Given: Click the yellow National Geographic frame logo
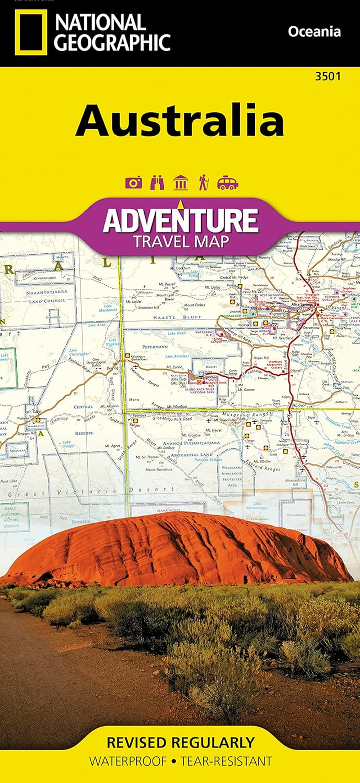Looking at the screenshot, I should (31, 32).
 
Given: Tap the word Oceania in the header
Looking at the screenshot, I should (314, 32).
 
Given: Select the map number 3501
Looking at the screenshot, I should (328, 76).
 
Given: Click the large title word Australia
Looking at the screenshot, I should (180, 121).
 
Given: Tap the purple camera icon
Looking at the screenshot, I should (134, 183).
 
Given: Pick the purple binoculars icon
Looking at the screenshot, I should (157, 183).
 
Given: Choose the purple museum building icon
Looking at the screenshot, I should (180, 183).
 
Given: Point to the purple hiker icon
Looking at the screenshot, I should (203, 183).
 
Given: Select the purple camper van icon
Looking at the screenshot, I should (227, 183).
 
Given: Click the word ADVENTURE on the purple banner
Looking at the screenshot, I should (180, 220).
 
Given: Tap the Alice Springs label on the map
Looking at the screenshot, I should (301, 304).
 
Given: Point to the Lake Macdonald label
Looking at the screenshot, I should (108, 308).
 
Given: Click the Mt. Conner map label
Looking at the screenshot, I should (246, 389).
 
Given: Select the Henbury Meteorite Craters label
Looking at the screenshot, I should (275, 364).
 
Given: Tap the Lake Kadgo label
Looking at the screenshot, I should (68, 444).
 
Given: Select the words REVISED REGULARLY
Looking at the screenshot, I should (180, 742).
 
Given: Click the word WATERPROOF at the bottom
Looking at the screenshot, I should (128, 761).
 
